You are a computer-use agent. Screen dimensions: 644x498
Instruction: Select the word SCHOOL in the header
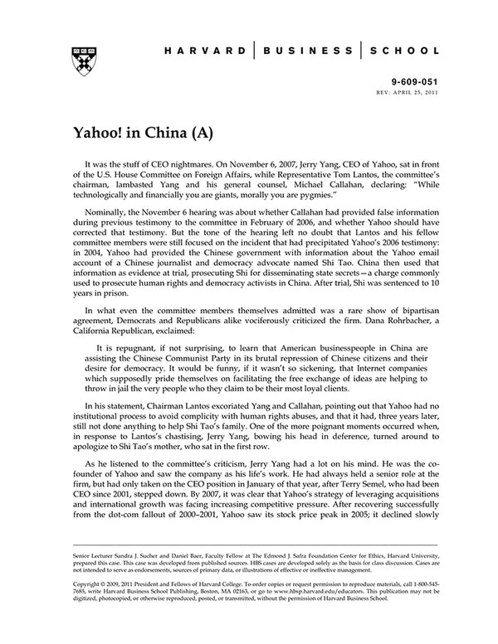[x=404, y=50]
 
